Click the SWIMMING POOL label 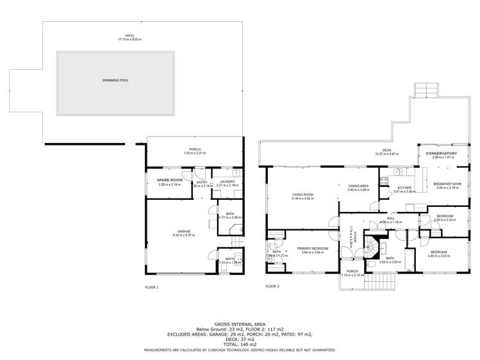pyautogui.click(x=115, y=80)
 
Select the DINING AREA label pyautogui.click(x=358, y=186)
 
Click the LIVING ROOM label pyautogui.click(x=302, y=195)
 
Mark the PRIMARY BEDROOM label pyautogui.click(x=312, y=248)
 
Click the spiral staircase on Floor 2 pyautogui.click(x=372, y=245)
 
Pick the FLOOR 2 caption pyautogui.click(x=272, y=286)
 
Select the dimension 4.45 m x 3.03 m pyautogui.click(x=440, y=256)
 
